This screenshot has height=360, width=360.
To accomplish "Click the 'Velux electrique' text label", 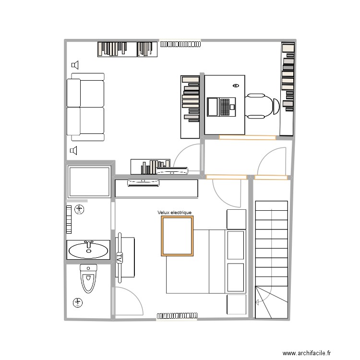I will [x=174, y=213].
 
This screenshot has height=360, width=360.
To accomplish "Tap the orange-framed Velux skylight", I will [x=178, y=235].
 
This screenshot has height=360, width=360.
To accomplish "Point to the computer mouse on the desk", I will [x=235, y=85].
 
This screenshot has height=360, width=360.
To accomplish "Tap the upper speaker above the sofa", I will [x=74, y=65].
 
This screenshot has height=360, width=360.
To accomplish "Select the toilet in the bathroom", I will [x=88, y=278].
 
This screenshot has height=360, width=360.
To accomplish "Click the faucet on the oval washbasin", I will [x=88, y=246].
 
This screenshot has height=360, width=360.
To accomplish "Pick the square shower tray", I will [x=89, y=182].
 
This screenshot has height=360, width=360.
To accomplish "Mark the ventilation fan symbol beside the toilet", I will [x=77, y=302].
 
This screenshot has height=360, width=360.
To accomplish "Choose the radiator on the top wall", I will [x=180, y=44].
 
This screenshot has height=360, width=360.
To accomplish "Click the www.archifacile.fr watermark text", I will [x=307, y=353].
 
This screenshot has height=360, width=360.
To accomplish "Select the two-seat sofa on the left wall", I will [x=85, y=107].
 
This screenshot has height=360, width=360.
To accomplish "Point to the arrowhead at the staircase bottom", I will [x=258, y=302].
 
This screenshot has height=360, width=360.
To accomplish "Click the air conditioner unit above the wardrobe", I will [x=143, y=182].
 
